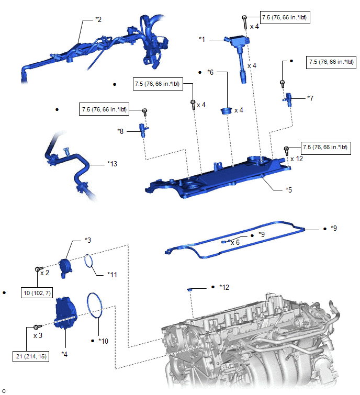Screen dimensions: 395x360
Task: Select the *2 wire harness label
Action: (98, 19)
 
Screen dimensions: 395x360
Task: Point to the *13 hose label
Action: (112, 164)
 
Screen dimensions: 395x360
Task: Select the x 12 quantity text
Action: (296, 159)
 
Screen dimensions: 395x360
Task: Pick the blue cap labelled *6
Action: (227, 110)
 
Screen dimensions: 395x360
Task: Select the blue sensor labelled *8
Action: (142, 129)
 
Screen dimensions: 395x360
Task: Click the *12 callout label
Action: (224, 287)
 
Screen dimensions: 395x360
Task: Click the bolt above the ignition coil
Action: (244, 20)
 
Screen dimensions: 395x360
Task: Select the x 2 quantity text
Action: (45, 273)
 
